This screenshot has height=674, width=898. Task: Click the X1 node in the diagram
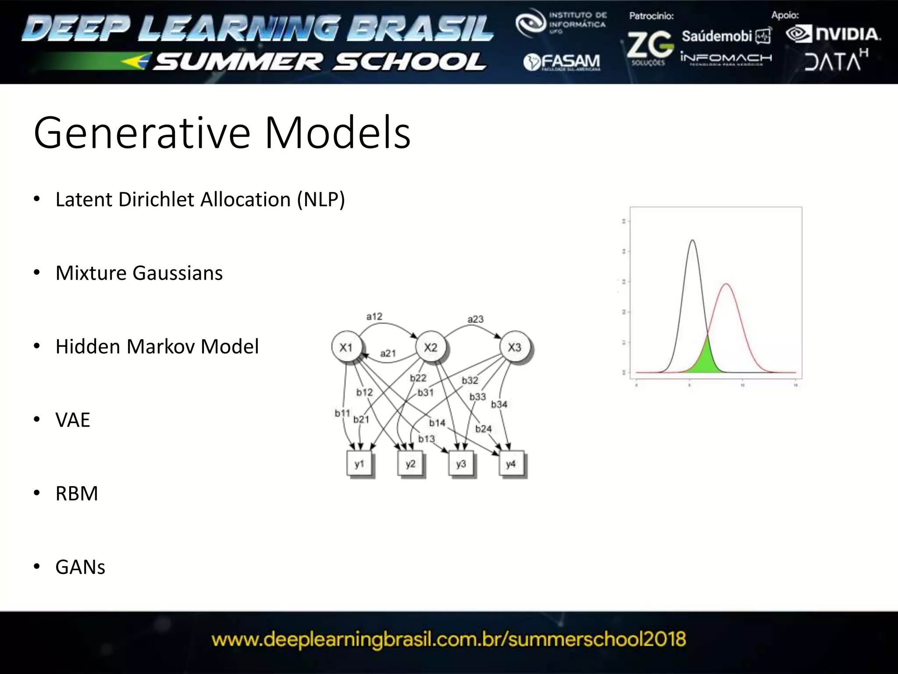pos(346,348)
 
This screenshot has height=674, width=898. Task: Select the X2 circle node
pos(431,348)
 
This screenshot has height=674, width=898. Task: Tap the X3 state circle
pos(515,348)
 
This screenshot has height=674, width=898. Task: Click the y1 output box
pos(360,464)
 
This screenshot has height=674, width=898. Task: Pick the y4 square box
pos(511,464)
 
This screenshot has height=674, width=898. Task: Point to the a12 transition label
pos(374,316)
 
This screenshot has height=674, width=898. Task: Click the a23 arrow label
pos(475,319)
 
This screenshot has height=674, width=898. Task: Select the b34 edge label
pos(499,404)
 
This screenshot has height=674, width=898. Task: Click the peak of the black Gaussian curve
pos(692,240)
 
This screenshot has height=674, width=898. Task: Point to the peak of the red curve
pos(726,284)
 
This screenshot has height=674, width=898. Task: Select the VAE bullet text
pos(73,420)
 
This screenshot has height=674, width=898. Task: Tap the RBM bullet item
pos(77,494)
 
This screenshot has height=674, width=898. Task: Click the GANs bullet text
pos(80,567)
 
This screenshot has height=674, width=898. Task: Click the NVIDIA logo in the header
pos(833,34)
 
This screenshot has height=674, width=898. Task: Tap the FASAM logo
pos(562,62)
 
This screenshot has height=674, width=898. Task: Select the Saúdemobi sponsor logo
pos(726,36)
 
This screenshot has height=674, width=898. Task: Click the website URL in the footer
pos(449,639)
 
